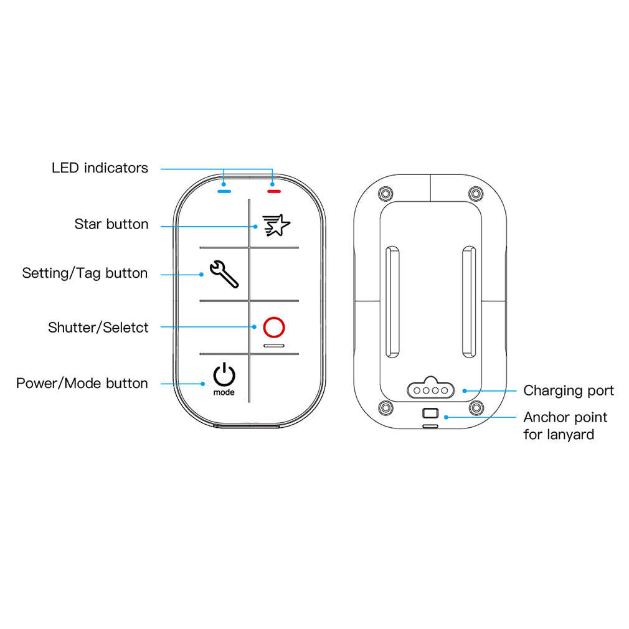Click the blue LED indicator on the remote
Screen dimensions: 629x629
pos(224,191)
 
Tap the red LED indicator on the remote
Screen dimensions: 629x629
pos(274,191)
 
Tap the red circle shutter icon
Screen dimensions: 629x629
pos(274,327)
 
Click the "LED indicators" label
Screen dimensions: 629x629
pos(100,168)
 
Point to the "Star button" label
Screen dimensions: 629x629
pos(111,224)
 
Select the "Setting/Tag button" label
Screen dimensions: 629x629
pos(85,273)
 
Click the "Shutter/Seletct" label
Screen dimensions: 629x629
pos(98,328)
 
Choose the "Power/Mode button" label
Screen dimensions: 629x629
pos(82,383)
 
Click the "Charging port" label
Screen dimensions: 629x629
pos(568,391)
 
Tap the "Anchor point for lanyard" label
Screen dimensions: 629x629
pos(565,426)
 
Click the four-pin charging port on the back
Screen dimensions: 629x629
pos(430,390)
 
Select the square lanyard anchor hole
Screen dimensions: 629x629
pos(430,413)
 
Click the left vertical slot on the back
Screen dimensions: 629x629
pos(392,303)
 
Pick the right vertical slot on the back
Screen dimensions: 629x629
pos(469,303)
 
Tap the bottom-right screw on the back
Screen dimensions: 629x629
pos(476,408)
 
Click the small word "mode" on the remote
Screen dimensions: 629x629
pos(224,393)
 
